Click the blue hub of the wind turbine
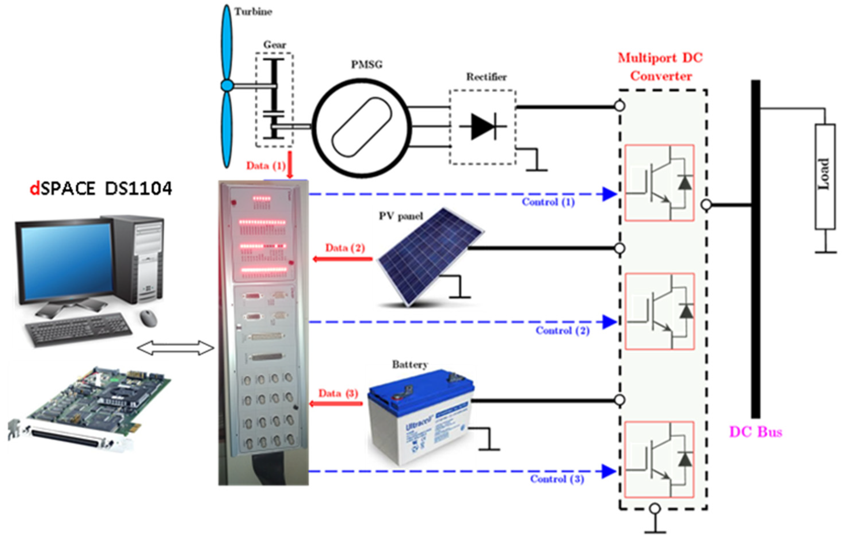(227, 85)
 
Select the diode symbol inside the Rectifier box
(483, 126)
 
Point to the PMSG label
(367, 64)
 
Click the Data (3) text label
(338, 393)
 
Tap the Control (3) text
(557, 479)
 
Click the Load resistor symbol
(825, 177)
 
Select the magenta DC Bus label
(755, 432)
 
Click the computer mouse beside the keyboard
(148, 318)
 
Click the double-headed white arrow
(175, 348)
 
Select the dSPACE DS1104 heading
(101, 189)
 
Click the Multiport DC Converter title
(660, 67)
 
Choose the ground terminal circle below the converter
(655, 509)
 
